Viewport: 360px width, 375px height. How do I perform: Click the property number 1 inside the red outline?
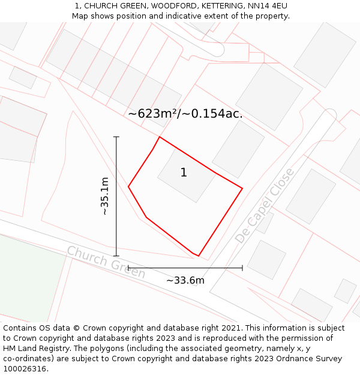pyautogui.click(x=184, y=173)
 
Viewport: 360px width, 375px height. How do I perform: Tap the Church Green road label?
pyautogui.click(x=106, y=262)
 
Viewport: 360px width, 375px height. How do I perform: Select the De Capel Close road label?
pyautogui.click(x=265, y=206)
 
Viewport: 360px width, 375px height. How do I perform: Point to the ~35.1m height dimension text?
pyautogui.click(x=104, y=196)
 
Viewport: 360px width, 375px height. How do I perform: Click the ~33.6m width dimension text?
pyautogui.click(x=185, y=280)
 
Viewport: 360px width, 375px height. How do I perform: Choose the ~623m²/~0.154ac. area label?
pyautogui.click(x=185, y=113)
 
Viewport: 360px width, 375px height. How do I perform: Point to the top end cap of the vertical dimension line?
pyautogui.click(x=116, y=137)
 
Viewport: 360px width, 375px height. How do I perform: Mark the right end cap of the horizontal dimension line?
pyautogui.click(x=242, y=268)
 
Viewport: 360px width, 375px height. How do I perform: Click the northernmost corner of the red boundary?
pyautogui.click(x=159, y=137)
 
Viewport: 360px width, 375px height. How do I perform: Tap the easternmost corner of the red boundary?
pyautogui.click(x=242, y=188)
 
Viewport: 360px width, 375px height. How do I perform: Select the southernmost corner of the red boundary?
pyautogui.click(x=198, y=256)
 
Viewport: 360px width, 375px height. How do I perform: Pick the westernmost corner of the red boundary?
pyautogui.click(x=128, y=187)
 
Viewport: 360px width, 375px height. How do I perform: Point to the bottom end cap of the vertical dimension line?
pyautogui.click(x=116, y=256)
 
